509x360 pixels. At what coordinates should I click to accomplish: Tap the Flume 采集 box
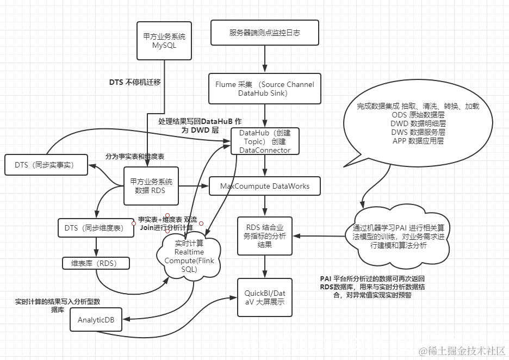coord(264,89)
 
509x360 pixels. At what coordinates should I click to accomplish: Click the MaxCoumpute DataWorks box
coord(265,186)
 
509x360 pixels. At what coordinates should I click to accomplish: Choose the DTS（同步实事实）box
coord(46,165)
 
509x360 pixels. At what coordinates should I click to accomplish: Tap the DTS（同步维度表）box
coord(96,227)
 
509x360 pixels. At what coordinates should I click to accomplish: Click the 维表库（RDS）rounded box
coord(96,263)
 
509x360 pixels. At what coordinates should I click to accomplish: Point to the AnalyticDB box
coord(96,320)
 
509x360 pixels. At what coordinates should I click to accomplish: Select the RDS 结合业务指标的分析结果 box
coord(265,235)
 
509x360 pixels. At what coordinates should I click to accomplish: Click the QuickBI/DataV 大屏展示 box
coord(264,297)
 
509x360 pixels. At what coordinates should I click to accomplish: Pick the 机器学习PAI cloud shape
coord(397,237)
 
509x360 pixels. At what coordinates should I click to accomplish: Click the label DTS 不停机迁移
coord(135,82)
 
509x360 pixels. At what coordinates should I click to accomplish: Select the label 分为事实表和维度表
coord(135,157)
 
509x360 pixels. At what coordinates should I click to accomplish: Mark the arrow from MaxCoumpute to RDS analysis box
coord(265,206)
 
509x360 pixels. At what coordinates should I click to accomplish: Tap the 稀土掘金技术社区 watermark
coord(460,351)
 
